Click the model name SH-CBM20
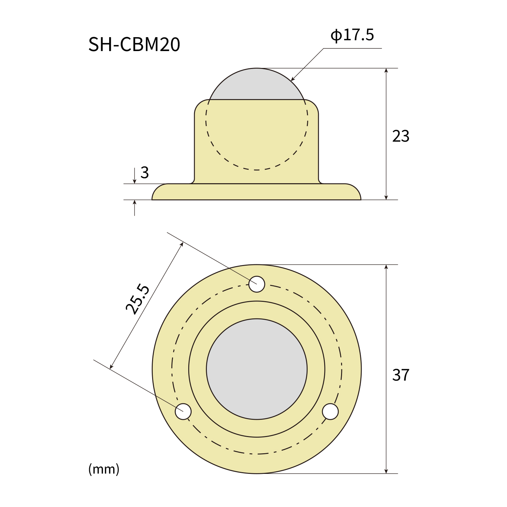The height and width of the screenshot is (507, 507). point(134,44)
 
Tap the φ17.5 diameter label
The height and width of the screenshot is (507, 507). point(352,35)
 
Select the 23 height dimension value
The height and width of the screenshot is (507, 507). point(401,136)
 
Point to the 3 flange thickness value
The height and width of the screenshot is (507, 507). point(145,173)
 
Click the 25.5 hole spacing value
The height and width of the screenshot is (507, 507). point(137,299)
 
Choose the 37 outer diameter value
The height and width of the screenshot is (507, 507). point(401,375)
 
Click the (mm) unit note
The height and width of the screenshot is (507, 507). point(104,469)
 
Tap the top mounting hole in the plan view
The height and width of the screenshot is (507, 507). point(257,284)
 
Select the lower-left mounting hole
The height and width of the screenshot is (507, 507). point(183,411)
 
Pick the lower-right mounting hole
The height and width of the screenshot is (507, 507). point(330,411)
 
